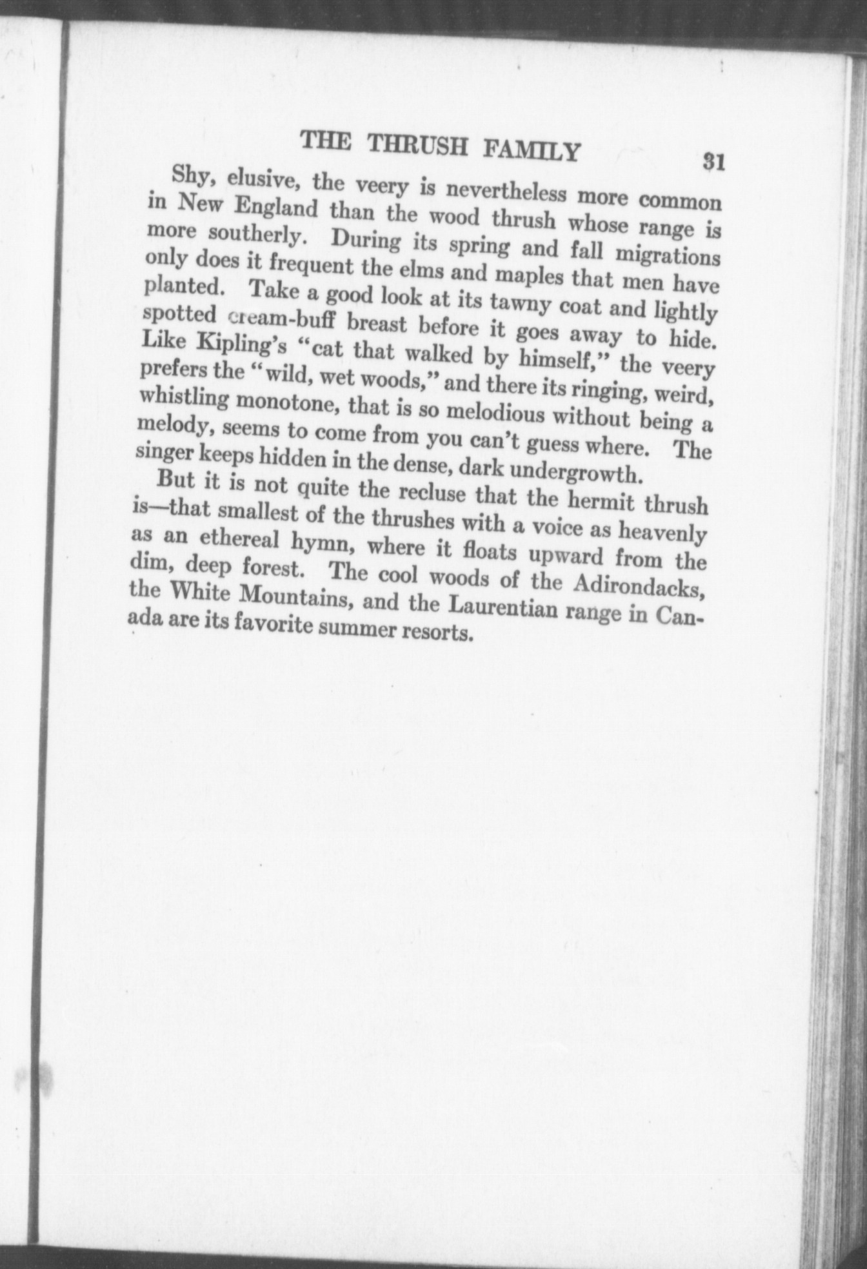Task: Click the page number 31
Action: (714, 161)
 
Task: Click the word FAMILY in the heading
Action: (531, 150)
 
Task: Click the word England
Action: (275, 208)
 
